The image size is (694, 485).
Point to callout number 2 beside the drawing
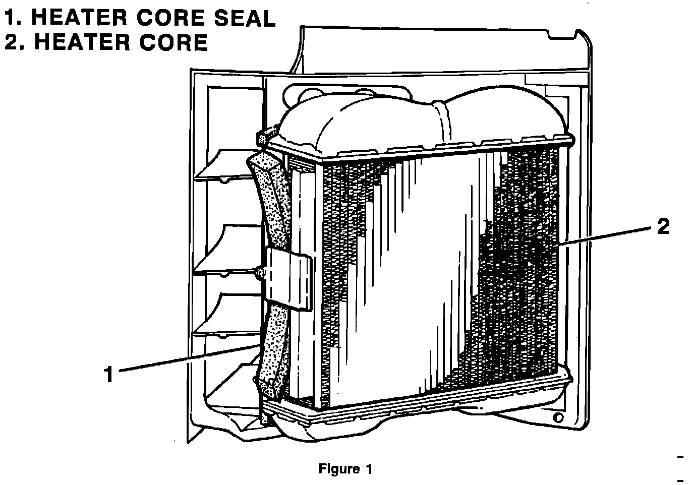[663, 227]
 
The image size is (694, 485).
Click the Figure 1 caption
[345, 469]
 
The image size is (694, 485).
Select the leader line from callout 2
[605, 236]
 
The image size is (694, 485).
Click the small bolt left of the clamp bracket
[260, 273]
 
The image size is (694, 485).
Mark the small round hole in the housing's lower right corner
[558, 418]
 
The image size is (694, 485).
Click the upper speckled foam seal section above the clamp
[272, 202]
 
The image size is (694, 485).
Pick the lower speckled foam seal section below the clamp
[275, 348]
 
